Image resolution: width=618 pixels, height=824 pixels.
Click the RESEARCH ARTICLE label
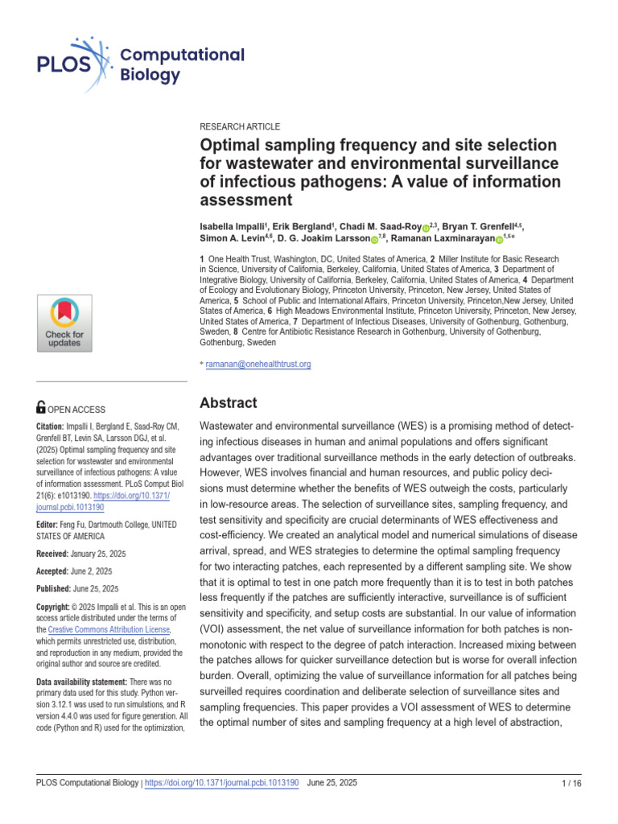pos(240,127)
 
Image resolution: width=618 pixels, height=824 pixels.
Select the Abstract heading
pos(228,403)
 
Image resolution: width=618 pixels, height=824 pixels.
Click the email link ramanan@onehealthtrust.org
pos(258,364)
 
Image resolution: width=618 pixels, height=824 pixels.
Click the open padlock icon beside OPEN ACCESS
pos(42,409)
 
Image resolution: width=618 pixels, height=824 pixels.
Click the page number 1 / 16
pos(570,783)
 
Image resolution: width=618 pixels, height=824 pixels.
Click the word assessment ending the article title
pos(245,200)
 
